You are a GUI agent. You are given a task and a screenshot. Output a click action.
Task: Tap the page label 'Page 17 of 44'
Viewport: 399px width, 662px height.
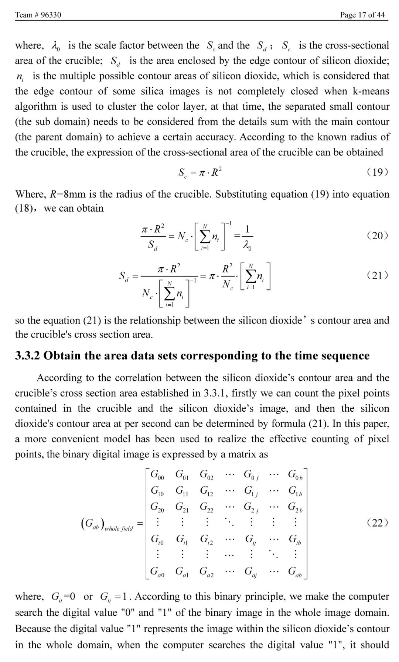362,15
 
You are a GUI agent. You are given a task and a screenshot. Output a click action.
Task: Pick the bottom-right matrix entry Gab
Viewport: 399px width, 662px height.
295,572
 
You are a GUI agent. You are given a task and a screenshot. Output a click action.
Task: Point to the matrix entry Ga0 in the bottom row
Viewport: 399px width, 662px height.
157,572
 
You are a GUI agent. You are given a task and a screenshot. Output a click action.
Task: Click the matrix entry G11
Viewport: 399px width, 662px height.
182,491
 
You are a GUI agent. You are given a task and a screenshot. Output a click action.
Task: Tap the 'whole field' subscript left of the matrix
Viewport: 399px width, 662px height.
119,528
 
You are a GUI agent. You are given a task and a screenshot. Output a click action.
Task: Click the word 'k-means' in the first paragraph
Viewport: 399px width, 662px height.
371,91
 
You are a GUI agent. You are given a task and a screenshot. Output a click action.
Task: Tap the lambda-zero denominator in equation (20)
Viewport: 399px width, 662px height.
247,246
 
